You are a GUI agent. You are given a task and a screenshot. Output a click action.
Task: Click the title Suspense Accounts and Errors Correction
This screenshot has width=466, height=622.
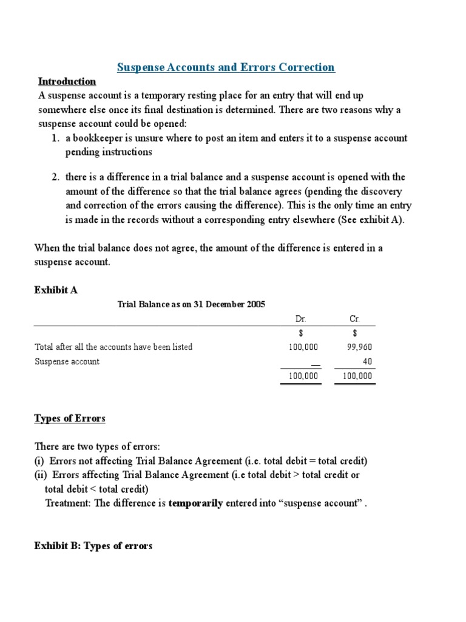[x=225, y=67]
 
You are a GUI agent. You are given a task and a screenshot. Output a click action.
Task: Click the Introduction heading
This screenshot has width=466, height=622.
[x=67, y=81]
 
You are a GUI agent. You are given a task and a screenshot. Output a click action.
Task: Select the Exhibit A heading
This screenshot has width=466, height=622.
[x=56, y=290]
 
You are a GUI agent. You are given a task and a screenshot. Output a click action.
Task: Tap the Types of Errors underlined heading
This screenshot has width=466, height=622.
[x=70, y=419]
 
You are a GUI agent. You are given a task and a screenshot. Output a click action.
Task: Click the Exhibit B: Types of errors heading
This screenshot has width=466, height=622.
[x=93, y=546]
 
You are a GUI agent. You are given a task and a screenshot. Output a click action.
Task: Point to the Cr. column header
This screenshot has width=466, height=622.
[x=354, y=319]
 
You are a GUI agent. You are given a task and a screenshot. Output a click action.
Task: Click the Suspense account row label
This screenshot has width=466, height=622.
[x=67, y=361]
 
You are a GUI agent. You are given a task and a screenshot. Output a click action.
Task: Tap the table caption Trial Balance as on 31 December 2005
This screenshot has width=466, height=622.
[x=191, y=304]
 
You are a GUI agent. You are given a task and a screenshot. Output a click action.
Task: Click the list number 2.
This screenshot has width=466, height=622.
[x=55, y=177]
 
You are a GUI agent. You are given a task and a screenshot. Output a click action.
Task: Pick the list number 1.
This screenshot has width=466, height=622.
[x=55, y=138]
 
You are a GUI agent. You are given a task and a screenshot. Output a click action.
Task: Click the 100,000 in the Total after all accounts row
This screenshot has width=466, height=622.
[x=303, y=347]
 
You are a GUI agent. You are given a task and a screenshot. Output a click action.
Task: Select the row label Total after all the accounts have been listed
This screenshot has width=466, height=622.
[x=113, y=347]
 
